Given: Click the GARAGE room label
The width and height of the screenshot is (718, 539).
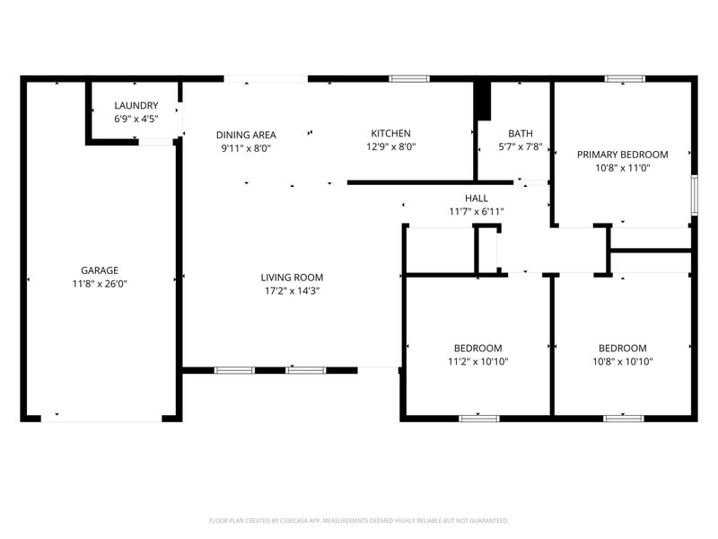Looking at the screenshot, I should (100, 269).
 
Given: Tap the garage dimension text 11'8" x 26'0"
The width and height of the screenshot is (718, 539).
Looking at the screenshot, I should (100, 283).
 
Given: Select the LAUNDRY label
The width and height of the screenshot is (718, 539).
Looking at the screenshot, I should (136, 105).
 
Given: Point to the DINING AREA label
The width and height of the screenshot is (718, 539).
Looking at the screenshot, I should (246, 135).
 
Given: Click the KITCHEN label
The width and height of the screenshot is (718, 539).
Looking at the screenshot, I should (391, 134).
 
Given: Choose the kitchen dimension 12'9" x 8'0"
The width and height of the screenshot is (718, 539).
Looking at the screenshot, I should (391, 147).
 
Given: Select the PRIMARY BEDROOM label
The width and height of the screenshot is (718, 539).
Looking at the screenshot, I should (623, 155).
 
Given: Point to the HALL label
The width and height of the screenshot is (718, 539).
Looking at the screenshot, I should (477, 199).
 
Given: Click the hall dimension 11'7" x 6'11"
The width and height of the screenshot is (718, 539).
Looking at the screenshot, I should (477, 212).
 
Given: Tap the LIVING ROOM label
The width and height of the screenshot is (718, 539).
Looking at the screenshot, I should (292, 278).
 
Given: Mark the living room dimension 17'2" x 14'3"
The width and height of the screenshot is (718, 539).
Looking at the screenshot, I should (292, 291).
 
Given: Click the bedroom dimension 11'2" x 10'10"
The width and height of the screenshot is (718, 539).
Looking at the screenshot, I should (477, 362).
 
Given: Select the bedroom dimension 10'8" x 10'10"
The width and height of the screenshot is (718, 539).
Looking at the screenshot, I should (623, 362).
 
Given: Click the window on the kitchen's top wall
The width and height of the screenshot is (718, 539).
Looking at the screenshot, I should (408, 79).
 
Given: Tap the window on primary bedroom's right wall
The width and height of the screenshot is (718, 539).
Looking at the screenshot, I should (694, 194).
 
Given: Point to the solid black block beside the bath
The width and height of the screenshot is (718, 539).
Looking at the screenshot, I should (484, 100).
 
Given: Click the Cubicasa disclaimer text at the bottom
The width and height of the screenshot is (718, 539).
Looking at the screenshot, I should (359, 520).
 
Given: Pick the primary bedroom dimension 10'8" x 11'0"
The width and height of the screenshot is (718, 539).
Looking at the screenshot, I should (623, 168).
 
